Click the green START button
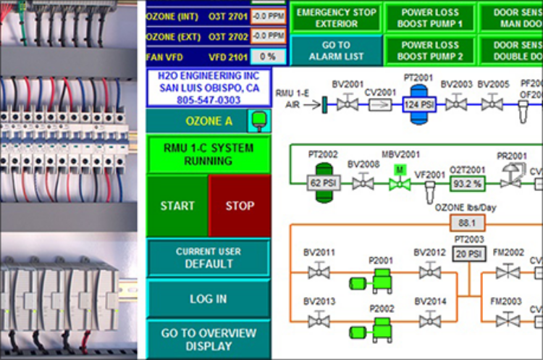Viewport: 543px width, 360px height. point(177,206)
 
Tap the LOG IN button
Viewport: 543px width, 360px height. point(208,298)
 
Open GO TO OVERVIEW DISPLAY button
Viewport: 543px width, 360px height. point(208,340)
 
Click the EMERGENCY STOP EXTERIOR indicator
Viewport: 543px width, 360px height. point(337,17)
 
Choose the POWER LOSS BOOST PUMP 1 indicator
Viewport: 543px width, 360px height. point(430,17)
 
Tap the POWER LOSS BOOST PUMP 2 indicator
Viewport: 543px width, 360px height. point(430,51)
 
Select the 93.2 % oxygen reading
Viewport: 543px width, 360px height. point(467,185)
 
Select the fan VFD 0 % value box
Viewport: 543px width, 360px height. point(267,56)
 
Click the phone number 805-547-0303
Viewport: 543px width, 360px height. point(209,100)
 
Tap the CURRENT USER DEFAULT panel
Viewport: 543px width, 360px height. point(208,258)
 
